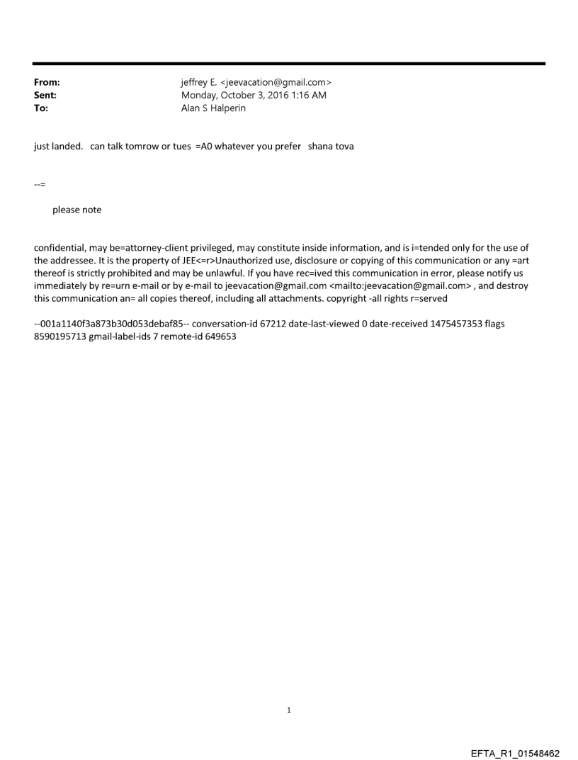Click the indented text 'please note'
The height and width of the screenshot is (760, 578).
[x=76, y=210]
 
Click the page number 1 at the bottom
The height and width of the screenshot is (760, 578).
[x=289, y=710]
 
